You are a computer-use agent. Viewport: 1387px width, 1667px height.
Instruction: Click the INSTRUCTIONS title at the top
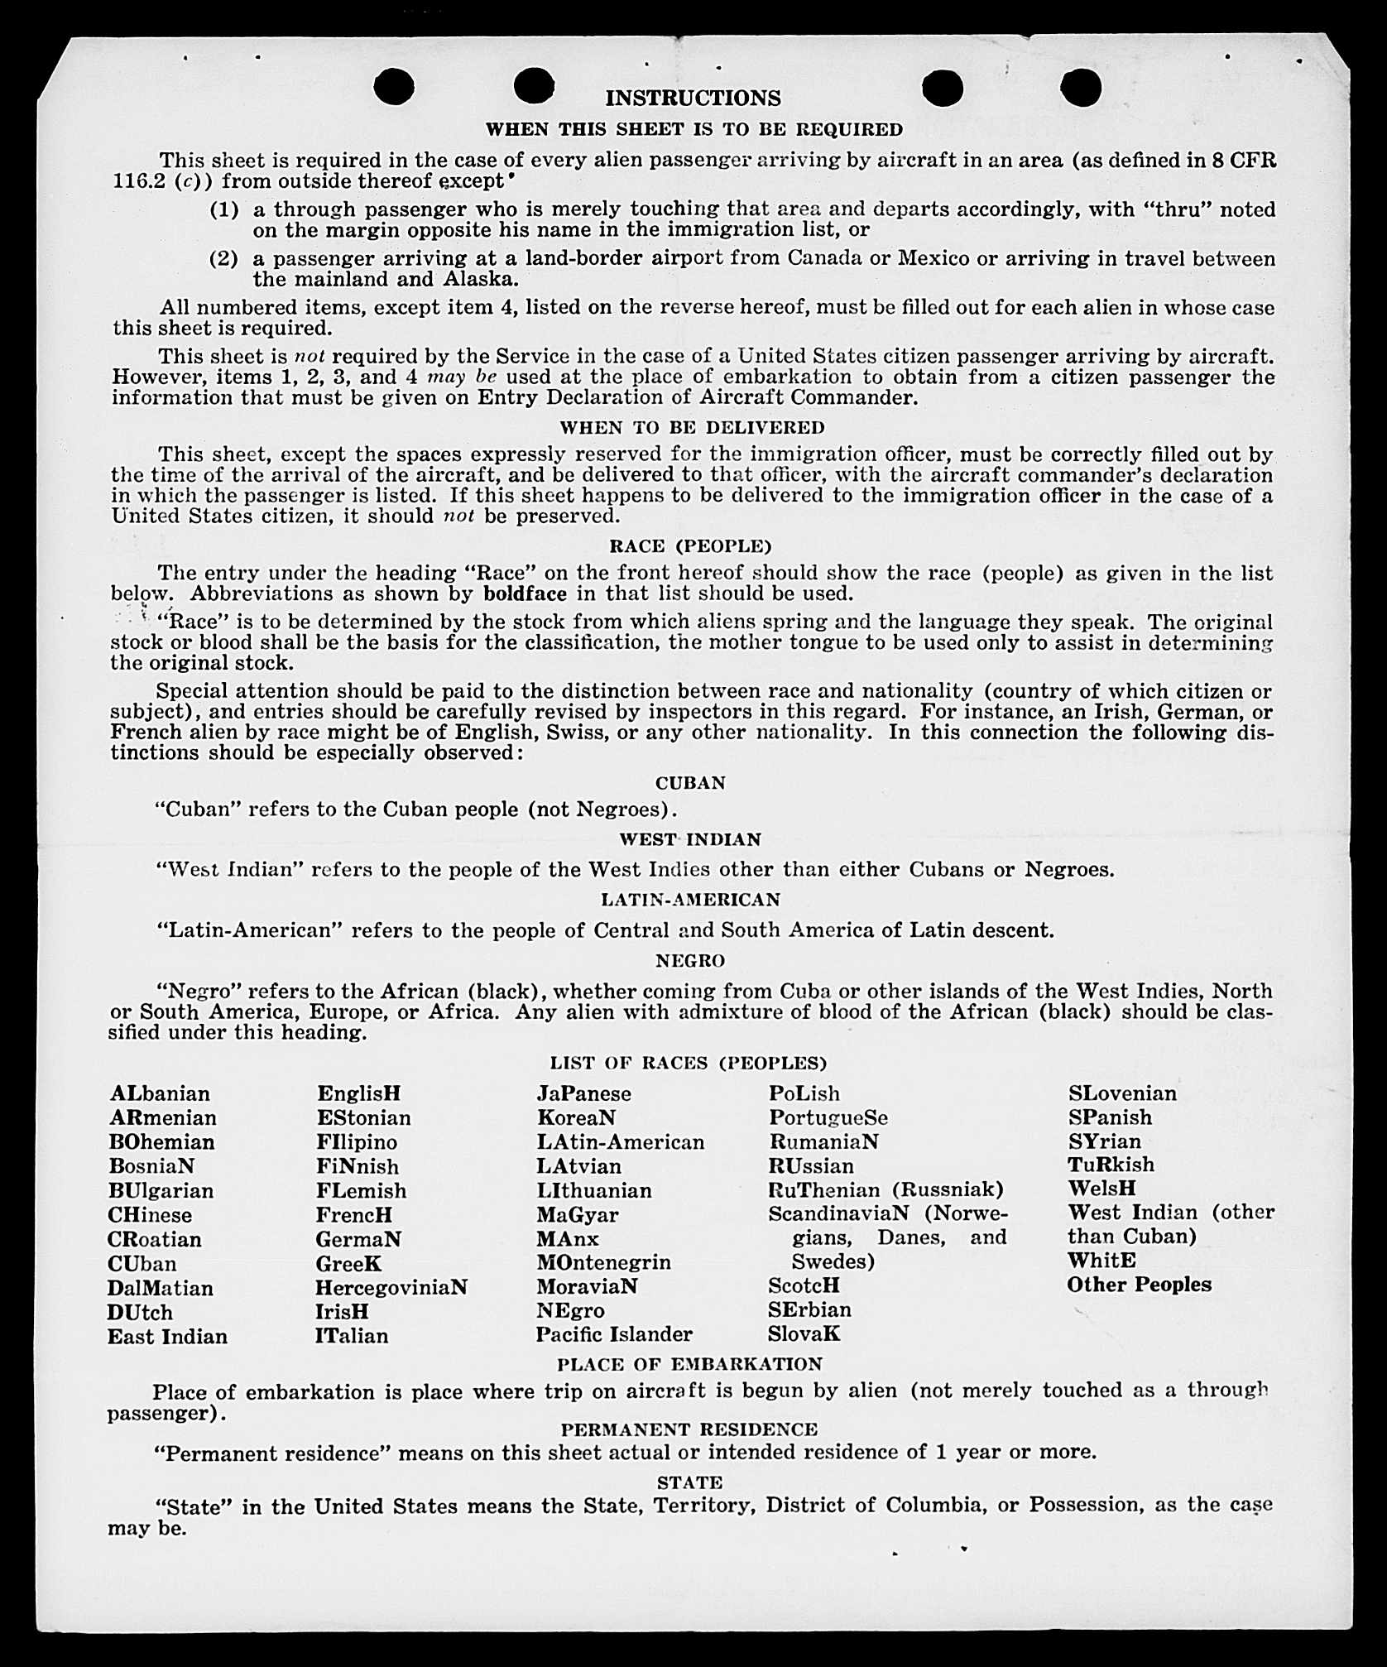click(693, 98)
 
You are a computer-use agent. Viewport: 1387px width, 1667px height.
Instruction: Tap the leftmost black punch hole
click(394, 86)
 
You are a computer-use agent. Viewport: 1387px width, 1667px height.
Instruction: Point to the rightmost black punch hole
click(1080, 87)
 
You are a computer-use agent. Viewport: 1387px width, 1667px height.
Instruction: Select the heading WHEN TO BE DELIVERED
click(692, 428)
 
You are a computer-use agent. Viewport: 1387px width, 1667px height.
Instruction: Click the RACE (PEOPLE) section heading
click(690, 546)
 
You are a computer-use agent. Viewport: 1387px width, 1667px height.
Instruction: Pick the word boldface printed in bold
click(525, 593)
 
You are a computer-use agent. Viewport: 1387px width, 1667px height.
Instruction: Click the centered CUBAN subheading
click(690, 783)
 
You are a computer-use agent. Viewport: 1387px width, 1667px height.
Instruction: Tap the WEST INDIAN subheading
click(690, 839)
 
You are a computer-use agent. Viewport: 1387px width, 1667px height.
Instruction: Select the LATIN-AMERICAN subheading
click(690, 900)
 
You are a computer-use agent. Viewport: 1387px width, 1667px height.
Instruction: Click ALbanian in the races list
click(160, 1093)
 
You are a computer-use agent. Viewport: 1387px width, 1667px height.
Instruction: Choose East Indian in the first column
click(167, 1337)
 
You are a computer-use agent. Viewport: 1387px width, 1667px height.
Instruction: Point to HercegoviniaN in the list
click(391, 1288)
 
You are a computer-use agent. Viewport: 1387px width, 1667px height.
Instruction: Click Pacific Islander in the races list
click(614, 1334)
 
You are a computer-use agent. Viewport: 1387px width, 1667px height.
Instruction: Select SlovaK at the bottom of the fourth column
click(804, 1334)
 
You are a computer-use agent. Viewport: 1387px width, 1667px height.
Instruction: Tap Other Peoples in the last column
click(1139, 1285)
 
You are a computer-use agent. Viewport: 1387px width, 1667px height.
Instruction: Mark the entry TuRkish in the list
click(1111, 1165)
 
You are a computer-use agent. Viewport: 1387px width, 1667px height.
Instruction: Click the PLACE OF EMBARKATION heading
click(690, 1364)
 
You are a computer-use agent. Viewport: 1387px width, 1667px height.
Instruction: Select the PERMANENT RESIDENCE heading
click(689, 1429)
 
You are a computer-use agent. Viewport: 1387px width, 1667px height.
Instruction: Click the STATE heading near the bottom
click(689, 1482)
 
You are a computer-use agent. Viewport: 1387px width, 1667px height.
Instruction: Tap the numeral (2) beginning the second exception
click(223, 259)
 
